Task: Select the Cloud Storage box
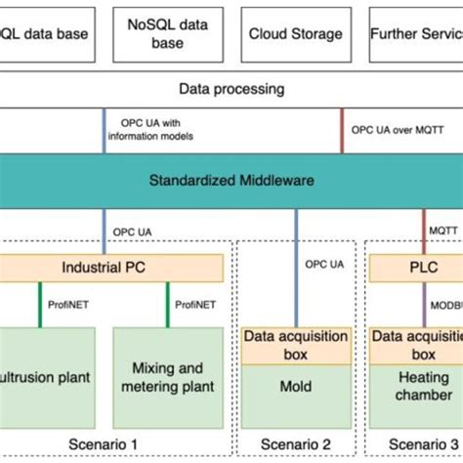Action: point(295,34)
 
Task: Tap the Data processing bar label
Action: point(231,89)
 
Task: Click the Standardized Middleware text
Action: point(231,180)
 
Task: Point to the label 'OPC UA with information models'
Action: point(156,130)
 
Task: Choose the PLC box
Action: point(410,266)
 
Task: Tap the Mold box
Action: point(294,386)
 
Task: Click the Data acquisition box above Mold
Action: point(294,345)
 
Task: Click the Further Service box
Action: point(415,34)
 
